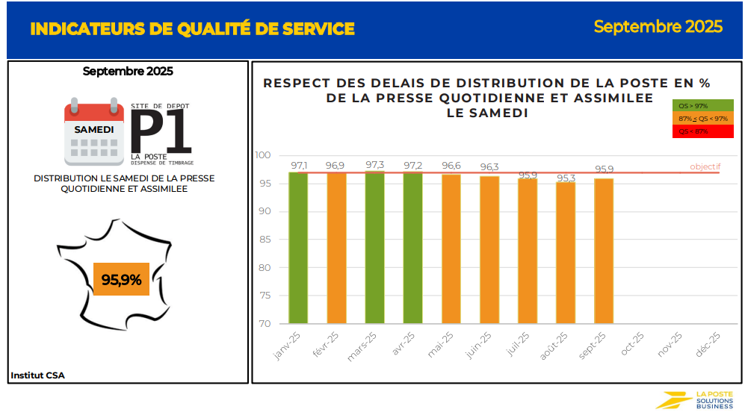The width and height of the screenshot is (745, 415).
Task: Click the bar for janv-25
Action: pos(298,248)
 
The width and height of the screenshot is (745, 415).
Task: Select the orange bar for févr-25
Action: pos(336,248)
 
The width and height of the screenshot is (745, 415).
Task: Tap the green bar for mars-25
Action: pos(374,248)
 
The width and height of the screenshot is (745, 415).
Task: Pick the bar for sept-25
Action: pos(604,251)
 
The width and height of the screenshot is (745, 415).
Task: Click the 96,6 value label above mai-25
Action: pos(451,166)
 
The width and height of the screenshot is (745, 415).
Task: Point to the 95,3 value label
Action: pos(566,178)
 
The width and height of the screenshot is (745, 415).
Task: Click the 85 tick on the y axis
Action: pos(264,240)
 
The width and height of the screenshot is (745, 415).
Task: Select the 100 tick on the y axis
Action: pos(262,155)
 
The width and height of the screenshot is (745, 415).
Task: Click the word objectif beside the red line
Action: pos(705,166)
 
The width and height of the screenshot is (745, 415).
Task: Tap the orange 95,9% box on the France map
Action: pos(122,280)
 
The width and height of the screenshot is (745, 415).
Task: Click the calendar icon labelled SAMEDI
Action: pos(94,131)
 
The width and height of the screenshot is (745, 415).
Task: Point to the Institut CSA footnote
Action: pos(37,375)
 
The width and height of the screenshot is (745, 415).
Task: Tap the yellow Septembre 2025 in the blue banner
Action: pos(658,27)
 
